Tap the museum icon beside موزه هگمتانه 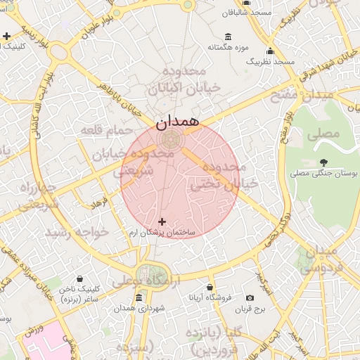[x=227, y=37]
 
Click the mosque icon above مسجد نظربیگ [x=270, y=51]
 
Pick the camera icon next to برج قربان [x=249, y=298]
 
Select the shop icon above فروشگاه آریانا [x=210, y=287]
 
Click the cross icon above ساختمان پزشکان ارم [x=162, y=221]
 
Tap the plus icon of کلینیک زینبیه [x=6, y=36]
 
